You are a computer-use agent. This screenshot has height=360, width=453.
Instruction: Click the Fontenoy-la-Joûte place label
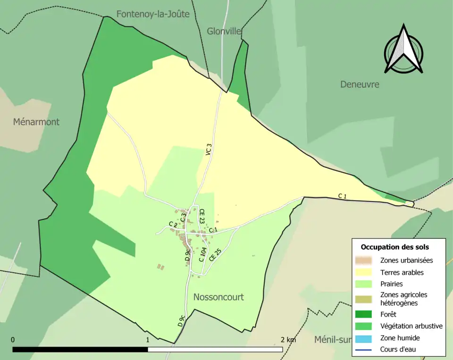[153, 14]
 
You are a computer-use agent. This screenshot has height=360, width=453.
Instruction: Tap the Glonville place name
[224, 31]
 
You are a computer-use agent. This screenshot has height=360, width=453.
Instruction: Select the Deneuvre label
[360, 84]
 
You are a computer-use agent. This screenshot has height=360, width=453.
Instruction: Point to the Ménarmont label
[36, 122]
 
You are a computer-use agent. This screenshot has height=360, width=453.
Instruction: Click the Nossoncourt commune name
[218, 297]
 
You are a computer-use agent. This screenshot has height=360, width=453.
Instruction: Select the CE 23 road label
[202, 216]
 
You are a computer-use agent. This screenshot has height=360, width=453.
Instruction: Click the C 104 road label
[202, 255]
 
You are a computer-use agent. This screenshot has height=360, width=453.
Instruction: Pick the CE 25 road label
[215, 255]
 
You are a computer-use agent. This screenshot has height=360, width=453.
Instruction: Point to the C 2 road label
[173, 224]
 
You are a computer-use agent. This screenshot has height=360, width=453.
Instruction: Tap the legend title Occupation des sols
[395, 247]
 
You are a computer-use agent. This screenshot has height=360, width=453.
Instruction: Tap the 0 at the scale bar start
[13, 340]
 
